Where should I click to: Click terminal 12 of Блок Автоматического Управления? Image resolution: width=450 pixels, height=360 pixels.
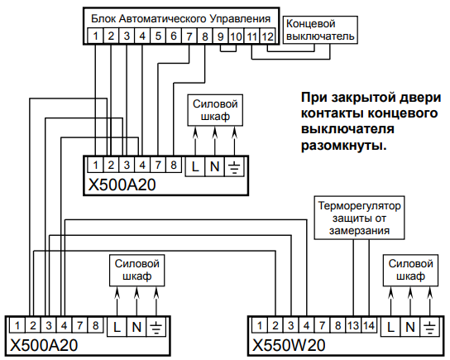click(266, 36)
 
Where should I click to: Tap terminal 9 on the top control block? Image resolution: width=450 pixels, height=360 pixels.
click(219, 36)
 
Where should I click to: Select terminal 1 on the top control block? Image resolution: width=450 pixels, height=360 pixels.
click(97, 36)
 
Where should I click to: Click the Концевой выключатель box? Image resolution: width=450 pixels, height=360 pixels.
click(319, 30)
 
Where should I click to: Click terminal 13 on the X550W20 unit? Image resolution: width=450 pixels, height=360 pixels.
click(353, 326)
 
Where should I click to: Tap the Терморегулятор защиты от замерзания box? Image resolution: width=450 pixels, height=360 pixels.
click(358, 216)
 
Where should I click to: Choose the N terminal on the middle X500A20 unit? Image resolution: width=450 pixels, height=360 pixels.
click(213, 166)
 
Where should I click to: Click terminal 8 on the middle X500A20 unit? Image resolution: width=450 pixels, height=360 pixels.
click(173, 166)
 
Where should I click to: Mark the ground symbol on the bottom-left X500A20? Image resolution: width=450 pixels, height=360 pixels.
click(155, 327)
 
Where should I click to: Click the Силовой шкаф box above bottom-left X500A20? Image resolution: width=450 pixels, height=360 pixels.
click(136, 269)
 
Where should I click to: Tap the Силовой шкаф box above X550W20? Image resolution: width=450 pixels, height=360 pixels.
click(408, 269)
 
